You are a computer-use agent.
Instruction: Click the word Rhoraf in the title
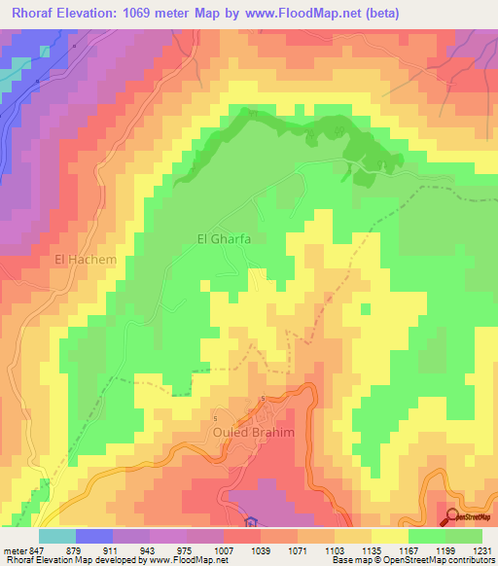[31, 14]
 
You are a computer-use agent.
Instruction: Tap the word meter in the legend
[14, 549]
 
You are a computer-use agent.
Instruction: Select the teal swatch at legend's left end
[56, 536]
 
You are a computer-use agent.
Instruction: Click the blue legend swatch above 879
[93, 536]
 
